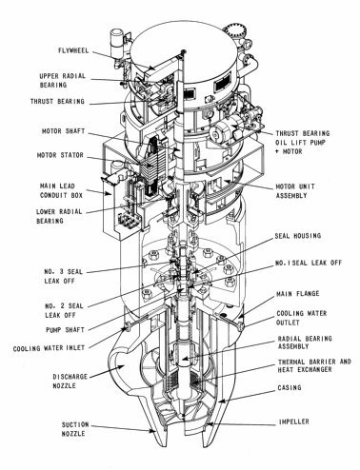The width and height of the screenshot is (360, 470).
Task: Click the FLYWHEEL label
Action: click(x=73, y=50)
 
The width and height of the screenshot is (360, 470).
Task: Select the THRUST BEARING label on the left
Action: click(x=57, y=102)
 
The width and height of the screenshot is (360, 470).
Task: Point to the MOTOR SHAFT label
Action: click(x=64, y=131)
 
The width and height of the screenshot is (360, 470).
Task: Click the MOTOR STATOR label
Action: click(x=60, y=155)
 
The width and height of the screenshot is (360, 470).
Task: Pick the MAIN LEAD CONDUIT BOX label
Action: click(x=61, y=190)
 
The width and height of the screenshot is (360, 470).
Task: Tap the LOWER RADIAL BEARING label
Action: click(x=59, y=216)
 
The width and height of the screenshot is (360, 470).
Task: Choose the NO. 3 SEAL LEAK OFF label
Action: click(x=63, y=276)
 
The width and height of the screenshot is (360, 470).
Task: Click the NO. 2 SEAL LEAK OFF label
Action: click(x=64, y=310)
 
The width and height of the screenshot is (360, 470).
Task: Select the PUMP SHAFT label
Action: click(x=65, y=330)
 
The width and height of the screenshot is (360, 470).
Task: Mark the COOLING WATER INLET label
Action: click(x=49, y=348)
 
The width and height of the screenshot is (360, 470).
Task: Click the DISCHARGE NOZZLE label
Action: click(x=70, y=381)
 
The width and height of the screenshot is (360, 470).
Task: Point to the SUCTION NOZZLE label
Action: click(x=75, y=429)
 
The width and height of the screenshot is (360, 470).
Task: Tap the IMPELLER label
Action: click(x=294, y=421)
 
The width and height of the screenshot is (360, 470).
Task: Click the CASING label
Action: click(x=290, y=387)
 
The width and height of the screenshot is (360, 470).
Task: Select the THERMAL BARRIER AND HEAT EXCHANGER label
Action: click(x=314, y=365)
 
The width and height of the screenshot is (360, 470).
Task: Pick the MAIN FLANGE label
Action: click(x=298, y=294)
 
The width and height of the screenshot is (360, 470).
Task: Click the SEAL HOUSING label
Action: click(x=298, y=236)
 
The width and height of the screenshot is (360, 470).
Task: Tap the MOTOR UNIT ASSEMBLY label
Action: click(x=295, y=191)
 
